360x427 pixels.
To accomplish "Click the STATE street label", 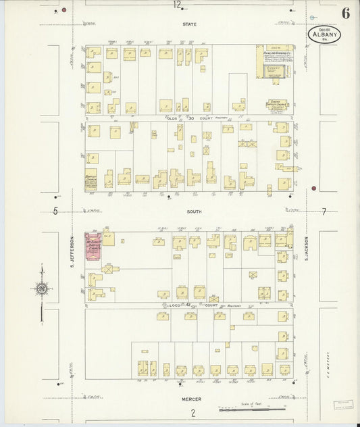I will click(x=189, y=24).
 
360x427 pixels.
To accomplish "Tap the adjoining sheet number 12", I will click(x=177, y=5).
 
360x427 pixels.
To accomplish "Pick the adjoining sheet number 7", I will click(x=324, y=211).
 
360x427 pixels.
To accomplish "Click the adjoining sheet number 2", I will click(x=192, y=413).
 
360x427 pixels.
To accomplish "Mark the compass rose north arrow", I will click(x=41, y=289).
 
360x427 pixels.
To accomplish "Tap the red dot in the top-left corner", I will click(x=63, y=11).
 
